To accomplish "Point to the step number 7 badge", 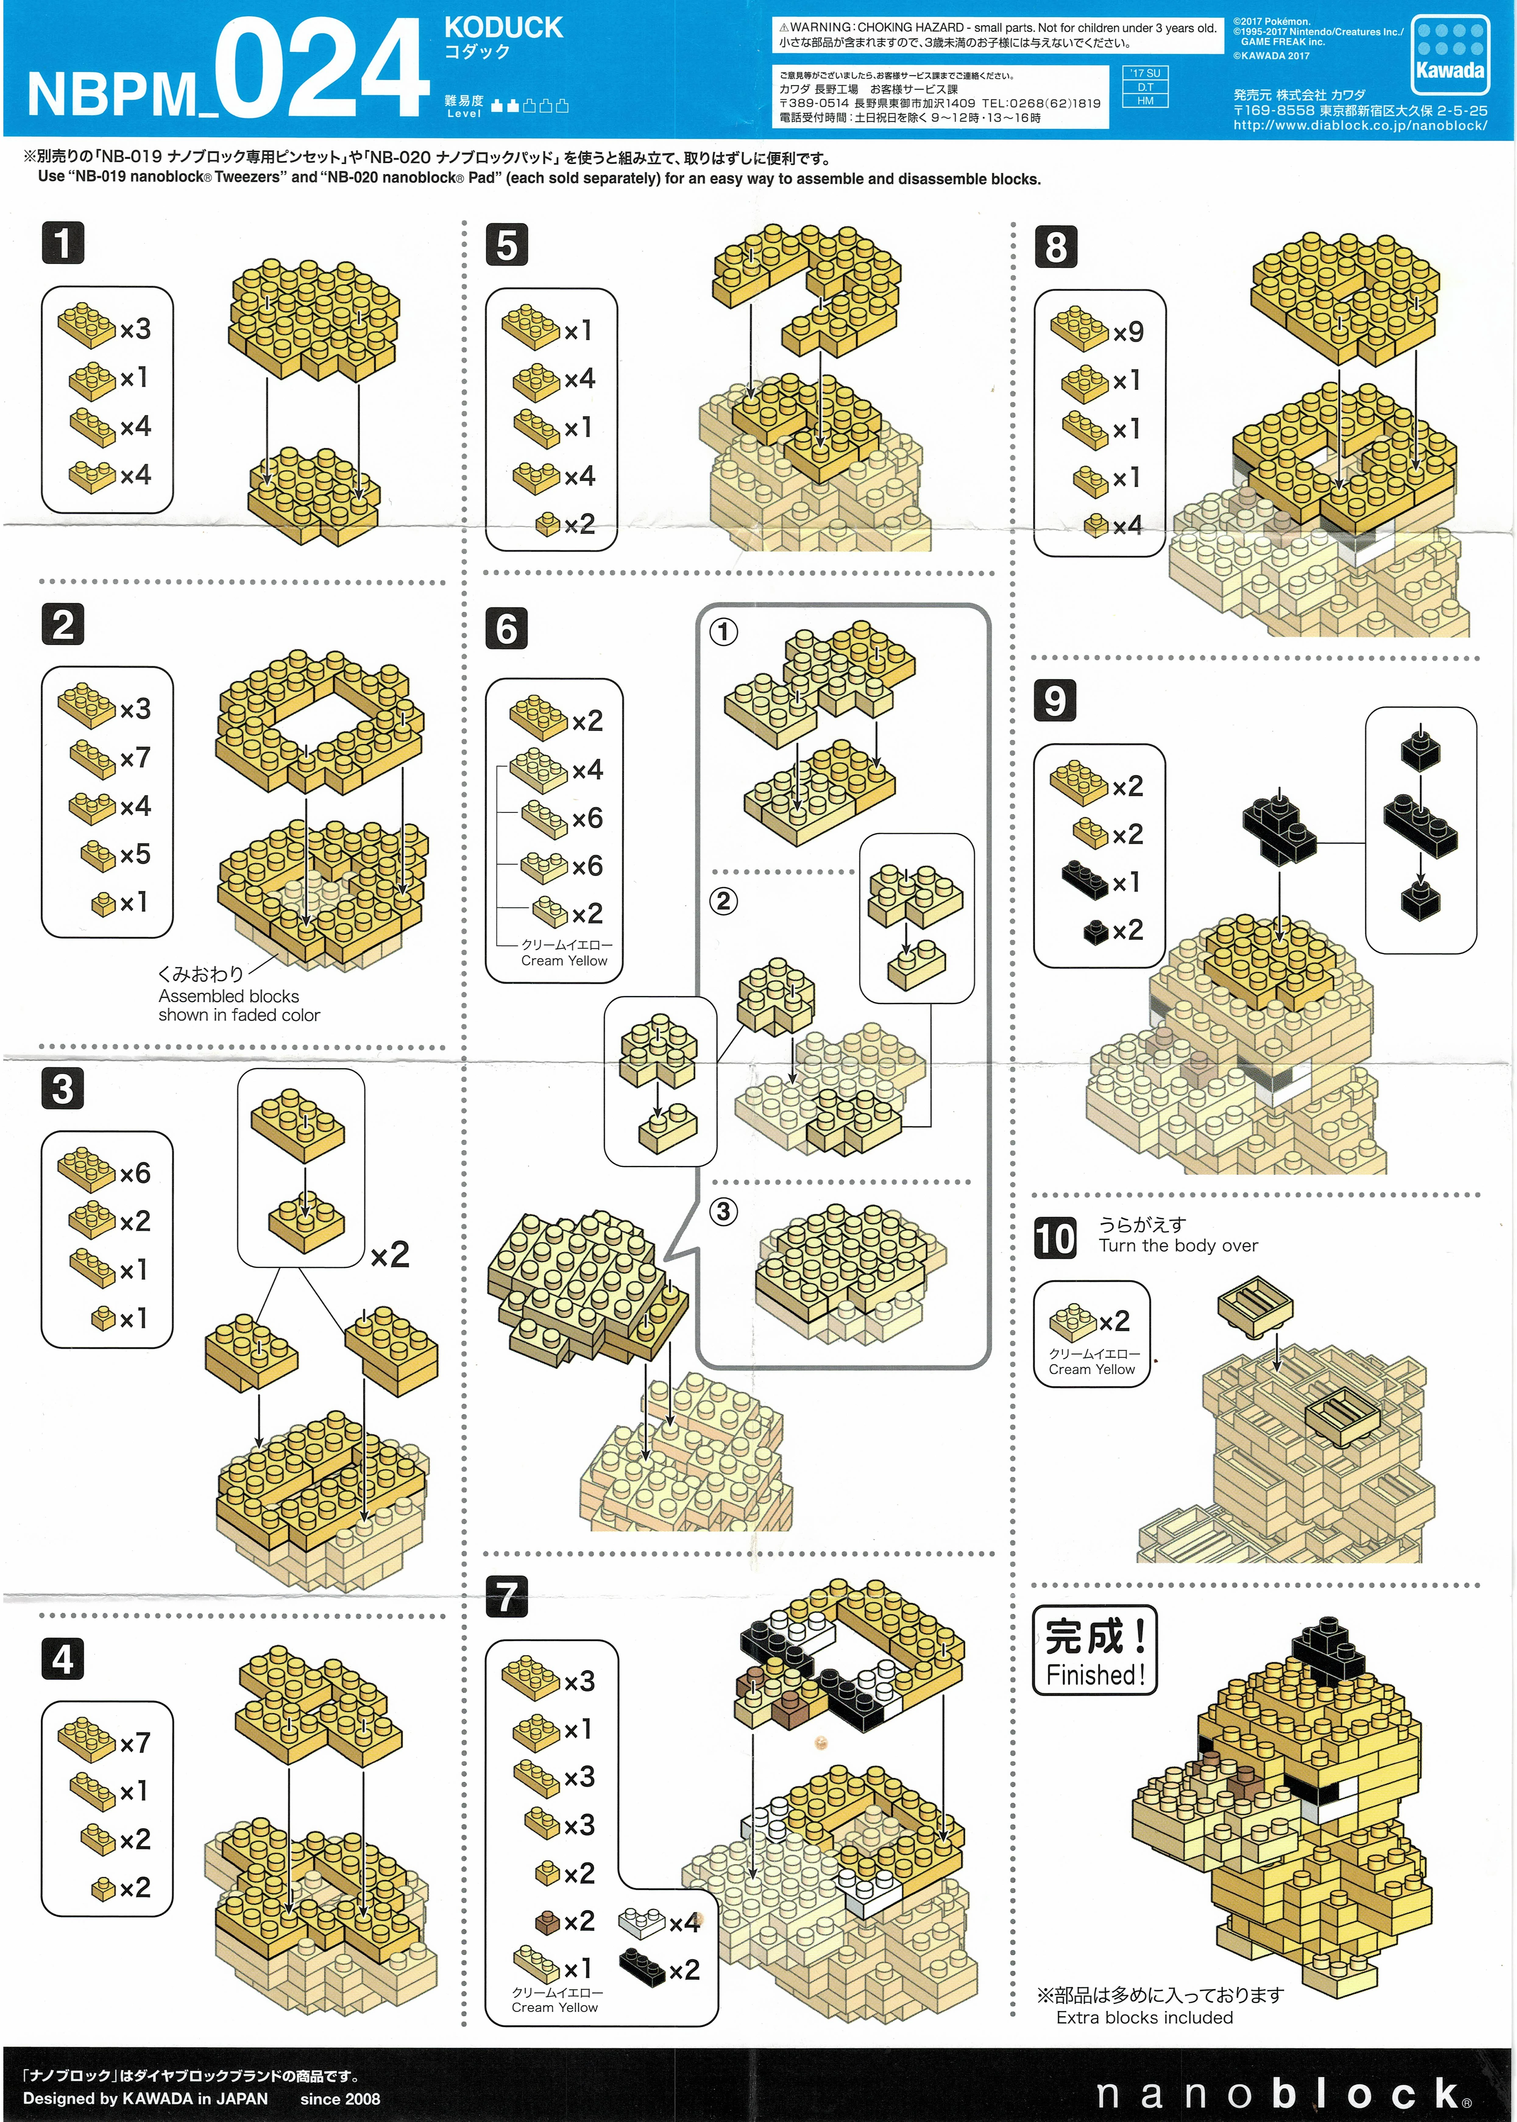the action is (506, 1596).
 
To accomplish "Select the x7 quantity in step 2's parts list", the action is (136, 758).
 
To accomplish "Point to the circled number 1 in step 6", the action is (723, 632).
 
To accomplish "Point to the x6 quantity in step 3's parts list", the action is (136, 1173).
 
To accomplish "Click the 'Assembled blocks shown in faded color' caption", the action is (239, 1006).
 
